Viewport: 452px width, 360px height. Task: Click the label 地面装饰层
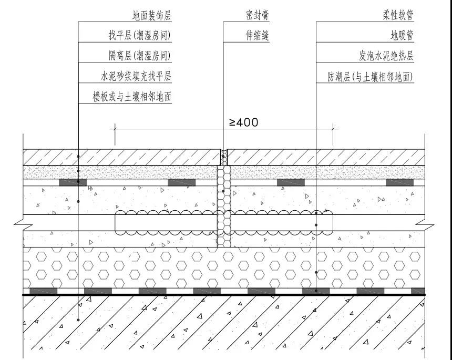tap(152, 15)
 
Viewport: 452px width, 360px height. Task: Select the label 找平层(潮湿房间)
tap(139, 35)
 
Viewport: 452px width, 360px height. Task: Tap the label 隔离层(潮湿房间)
tap(139, 56)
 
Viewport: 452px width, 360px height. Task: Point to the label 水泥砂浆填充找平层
tap(136, 76)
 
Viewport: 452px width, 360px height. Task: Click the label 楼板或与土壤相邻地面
tap(132, 97)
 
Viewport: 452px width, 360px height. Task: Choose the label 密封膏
tap(258, 15)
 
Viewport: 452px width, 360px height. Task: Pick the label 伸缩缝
tap(258, 35)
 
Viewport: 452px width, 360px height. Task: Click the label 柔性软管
tap(398, 15)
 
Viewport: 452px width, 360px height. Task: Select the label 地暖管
tap(402, 35)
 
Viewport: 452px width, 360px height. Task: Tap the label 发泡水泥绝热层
tap(386, 56)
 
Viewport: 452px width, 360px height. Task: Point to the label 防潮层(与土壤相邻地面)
tap(370, 77)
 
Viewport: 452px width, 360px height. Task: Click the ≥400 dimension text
tap(243, 122)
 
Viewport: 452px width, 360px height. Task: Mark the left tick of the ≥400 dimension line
tap(115, 129)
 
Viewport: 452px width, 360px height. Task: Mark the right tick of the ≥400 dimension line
tap(333, 129)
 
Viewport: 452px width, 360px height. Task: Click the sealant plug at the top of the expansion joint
tap(224, 157)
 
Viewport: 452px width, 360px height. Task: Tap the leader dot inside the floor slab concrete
tap(78, 320)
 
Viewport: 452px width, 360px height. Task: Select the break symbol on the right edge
tap(425, 222)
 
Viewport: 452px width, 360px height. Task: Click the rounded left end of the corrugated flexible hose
tap(116, 222)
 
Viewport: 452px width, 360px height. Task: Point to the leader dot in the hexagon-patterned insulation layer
tap(316, 272)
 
